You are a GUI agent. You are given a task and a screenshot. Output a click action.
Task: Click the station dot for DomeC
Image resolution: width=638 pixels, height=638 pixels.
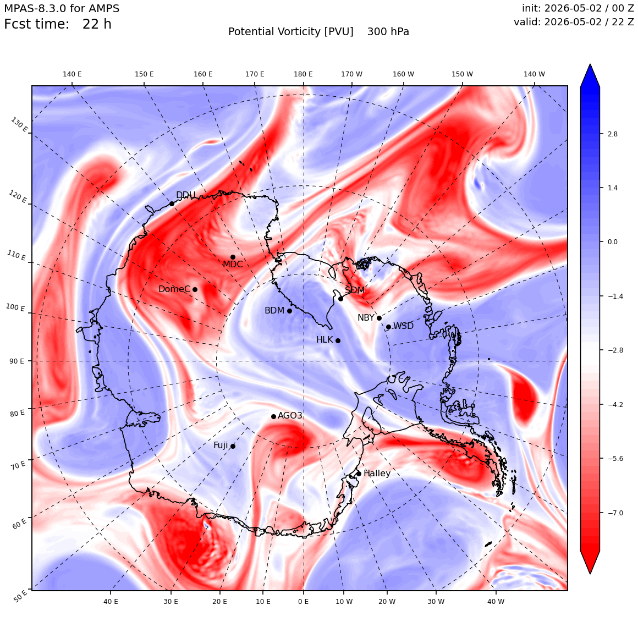tap(195, 290)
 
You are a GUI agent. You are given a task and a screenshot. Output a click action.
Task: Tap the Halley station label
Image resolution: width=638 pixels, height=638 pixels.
tap(377, 473)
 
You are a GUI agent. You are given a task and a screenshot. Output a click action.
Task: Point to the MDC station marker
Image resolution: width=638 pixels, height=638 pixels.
tap(233, 257)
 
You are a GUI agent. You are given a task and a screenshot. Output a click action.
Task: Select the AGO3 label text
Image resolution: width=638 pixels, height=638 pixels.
tap(290, 415)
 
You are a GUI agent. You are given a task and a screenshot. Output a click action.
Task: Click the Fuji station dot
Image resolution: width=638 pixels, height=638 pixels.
tap(233, 447)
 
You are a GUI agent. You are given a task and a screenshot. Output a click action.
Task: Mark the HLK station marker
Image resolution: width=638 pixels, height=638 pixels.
tap(338, 340)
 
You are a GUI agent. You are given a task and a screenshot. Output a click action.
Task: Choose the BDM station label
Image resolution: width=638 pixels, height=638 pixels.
tap(274, 310)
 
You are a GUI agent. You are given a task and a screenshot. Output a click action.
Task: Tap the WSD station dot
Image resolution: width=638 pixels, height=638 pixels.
tap(389, 327)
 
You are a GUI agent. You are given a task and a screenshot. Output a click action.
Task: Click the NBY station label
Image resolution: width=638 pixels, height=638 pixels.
tap(366, 317)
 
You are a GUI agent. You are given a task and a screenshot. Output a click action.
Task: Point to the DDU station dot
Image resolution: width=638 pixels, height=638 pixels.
tap(172, 204)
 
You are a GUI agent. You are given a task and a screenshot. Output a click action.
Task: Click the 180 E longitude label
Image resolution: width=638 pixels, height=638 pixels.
tap(303, 74)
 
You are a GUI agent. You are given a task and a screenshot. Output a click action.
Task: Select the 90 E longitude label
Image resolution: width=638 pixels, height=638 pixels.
tap(16, 361)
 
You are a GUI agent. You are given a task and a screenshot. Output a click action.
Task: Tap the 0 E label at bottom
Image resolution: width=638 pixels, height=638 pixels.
tap(303, 601)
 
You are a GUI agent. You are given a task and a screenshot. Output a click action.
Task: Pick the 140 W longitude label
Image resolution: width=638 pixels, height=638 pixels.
tap(534, 74)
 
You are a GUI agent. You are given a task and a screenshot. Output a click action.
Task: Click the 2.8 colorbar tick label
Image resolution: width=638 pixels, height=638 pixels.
tap(612, 134)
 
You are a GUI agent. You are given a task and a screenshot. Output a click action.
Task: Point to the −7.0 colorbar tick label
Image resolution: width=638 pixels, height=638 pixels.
tap(615, 513)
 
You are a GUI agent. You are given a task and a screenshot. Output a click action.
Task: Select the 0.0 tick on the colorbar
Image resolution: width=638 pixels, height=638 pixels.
tap(612, 241)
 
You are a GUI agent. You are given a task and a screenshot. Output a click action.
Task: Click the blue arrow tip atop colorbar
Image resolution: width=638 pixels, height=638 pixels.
tap(590, 64)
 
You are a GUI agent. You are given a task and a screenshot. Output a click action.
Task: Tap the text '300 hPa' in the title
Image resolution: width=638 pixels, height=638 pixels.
tap(388, 32)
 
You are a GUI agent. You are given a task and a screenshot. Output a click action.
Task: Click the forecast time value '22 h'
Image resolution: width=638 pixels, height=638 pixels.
tap(97, 24)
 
